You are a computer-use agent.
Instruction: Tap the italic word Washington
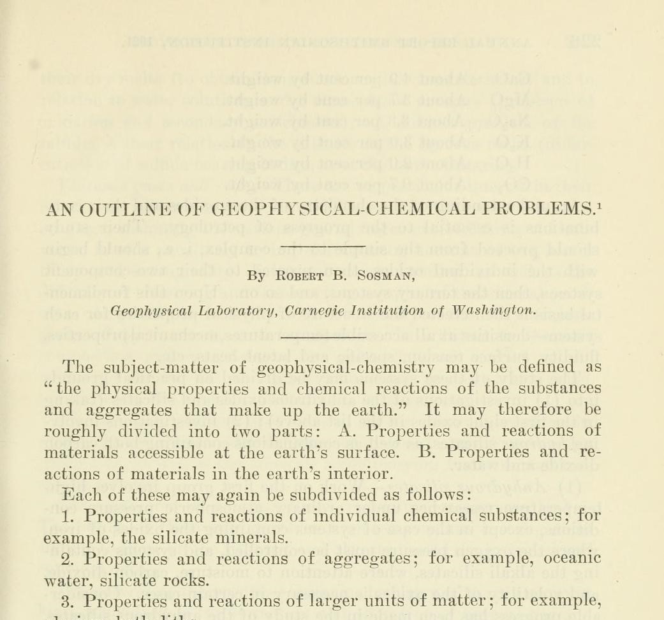point(493,311)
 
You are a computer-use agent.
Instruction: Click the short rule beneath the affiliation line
point(323,335)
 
